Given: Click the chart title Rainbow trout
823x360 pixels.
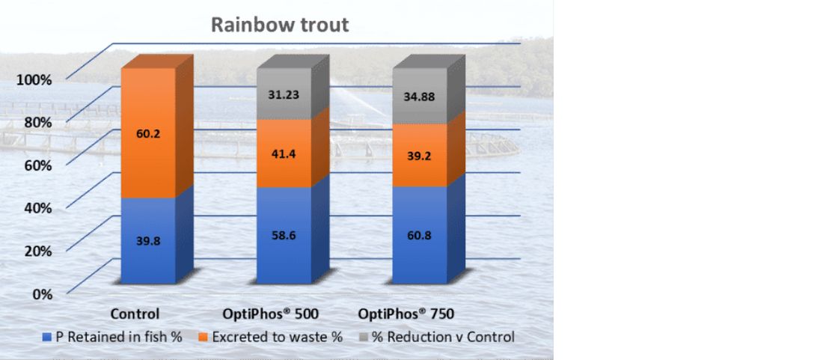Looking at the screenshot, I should pos(279,25).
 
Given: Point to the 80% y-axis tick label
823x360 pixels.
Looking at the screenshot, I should pos(37,121).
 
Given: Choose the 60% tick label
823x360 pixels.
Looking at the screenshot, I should pos(37,164).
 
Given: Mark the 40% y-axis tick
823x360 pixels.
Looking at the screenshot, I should pos(37,207).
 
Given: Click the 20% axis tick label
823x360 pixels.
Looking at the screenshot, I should pos(37,250).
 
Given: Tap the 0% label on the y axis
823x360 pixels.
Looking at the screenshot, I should pos(40,293).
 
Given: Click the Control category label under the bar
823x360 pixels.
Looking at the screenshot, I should pos(135,314).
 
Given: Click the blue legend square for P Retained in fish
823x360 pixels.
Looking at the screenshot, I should pos(46,338).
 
